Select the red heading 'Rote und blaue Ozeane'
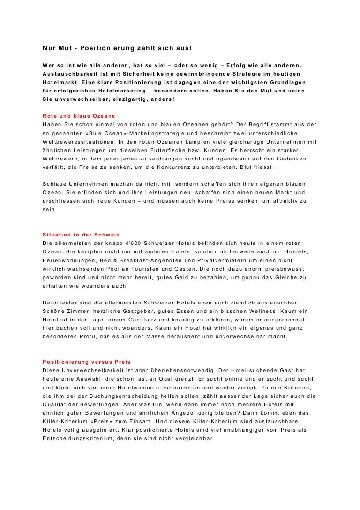point(78,115)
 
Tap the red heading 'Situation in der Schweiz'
point(82,234)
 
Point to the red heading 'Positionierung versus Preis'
point(87,362)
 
